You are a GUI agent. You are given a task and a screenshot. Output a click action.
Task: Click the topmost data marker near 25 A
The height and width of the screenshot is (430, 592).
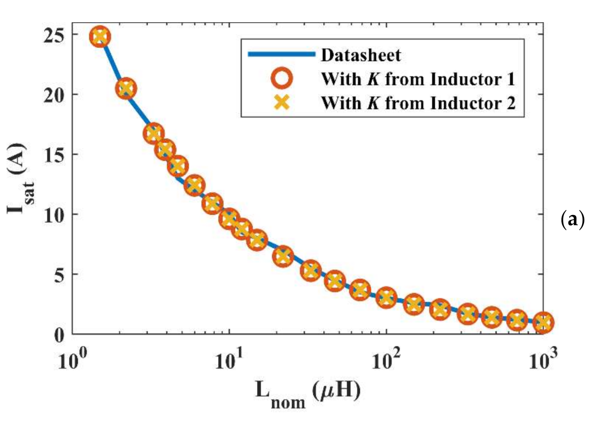click(100, 37)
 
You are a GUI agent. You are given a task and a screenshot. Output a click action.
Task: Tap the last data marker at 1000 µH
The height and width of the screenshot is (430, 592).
click(543, 322)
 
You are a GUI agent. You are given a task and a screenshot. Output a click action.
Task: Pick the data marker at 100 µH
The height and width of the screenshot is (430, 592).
click(386, 298)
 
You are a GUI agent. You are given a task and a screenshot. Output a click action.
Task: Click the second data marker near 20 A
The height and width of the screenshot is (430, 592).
click(126, 89)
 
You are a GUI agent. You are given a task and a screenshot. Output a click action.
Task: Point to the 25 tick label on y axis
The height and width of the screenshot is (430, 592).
click(54, 35)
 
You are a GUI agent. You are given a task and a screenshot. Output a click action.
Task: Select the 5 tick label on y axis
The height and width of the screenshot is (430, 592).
click(59, 275)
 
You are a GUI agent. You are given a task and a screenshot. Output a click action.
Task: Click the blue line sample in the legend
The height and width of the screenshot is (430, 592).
click(281, 54)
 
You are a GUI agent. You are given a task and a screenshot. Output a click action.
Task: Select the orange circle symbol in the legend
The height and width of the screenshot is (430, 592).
click(281, 79)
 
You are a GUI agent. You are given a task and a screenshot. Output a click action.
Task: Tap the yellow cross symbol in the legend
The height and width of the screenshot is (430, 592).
click(281, 103)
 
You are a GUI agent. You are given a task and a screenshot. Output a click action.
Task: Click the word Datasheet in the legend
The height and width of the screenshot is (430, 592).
click(361, 55)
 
